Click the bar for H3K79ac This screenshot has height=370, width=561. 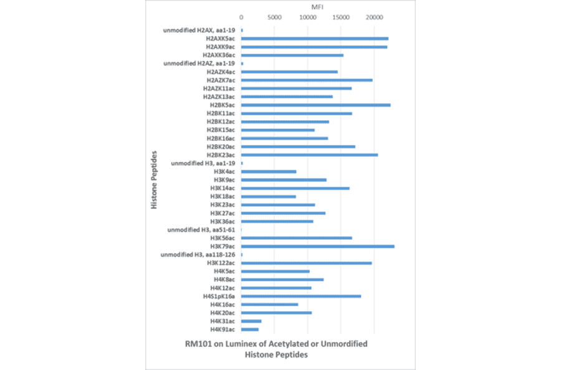pyautogui.click(x=317, y=246)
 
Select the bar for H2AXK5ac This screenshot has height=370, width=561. pyautogui.click(x=314, y=39)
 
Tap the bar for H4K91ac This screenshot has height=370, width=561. pyautogui.click(x=249, y=329)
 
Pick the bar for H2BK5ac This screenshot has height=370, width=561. pyautogui.click(x=315, y=105)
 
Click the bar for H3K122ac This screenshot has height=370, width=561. pyautogui.click(x=306, y=263)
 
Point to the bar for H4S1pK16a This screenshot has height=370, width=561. pyautogui.click(x=300, y=296)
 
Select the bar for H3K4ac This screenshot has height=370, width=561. pyautogui.click(x=269, y=171)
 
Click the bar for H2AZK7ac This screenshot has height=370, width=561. pyautogui.click(x=307, y=80)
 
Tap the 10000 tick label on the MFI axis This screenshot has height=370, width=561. pyautogui.click(x=307, y=17)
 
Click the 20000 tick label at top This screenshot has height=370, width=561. pyautogui.click(x=373, y=17)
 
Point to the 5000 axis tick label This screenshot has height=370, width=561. pyautogui.click(x=274, y=17)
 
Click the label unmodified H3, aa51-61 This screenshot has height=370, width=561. pyautogui.click(x=201, y=230)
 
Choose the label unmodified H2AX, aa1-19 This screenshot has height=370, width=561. pyautogui.click(x=199, y=31)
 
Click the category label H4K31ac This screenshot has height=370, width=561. pyautogui.click(x=223, y=321)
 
